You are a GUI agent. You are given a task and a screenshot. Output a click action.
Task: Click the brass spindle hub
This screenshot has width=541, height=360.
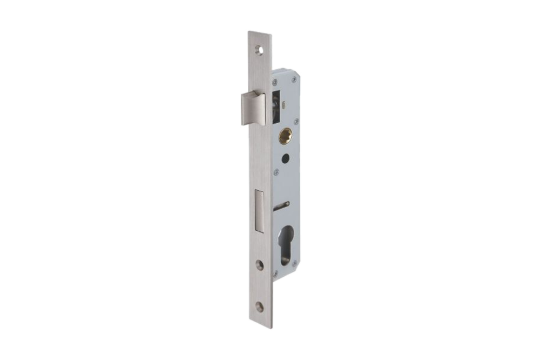[x=285, y=136]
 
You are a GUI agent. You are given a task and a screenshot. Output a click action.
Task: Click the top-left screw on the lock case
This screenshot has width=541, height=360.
[x=275, y=83]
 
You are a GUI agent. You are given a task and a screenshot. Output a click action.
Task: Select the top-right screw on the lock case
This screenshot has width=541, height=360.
[x=294, y=79]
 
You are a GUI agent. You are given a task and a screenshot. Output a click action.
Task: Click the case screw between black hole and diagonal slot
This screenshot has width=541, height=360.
[x=276, y=172]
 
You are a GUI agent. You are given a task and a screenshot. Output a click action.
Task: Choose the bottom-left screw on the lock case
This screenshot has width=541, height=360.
[x=275, y=274]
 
